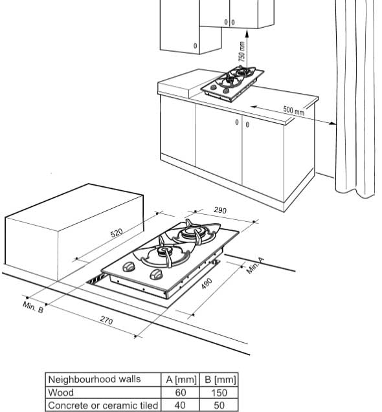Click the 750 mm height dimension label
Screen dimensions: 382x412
point(242,52)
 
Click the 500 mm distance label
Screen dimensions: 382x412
point(294,111)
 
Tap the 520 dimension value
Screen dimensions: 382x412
point(117,233)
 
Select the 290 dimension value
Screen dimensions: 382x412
point(220,210)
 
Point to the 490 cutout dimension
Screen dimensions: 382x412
point(207,284)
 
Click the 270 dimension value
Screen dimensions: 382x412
point(107,320)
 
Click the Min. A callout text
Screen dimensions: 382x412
point(255,266)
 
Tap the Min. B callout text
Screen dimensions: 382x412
point(33,307)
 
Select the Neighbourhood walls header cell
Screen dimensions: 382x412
point(95,379)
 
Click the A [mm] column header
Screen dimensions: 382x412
point(181,380)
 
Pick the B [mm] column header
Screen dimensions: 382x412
point(220,380)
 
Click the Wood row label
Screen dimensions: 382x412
point(61,393)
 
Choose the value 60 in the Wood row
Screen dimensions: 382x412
point(181,393)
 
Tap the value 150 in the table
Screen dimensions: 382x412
point(219,393)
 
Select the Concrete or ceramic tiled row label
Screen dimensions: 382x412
point(103,405)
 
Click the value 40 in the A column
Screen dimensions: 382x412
point(180,405)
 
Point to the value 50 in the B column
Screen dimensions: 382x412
point(219,405)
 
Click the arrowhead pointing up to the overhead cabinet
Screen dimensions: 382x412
point(247,33)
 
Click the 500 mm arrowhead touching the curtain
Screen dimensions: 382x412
point(332,123)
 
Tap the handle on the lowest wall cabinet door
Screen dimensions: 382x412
point(196,46)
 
